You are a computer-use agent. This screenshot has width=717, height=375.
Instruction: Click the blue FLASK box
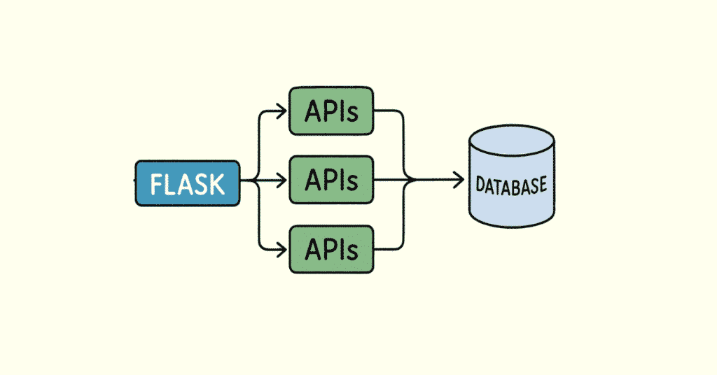point(187,183)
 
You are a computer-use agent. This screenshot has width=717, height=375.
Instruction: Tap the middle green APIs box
point(331,181)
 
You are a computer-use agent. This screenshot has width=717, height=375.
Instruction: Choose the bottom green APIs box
point(331,248)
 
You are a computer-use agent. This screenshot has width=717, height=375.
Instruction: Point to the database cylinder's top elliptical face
point(511,141)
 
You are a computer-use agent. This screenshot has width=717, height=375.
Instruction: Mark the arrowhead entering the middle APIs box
point(282,181)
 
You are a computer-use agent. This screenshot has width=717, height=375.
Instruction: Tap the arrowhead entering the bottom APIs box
point(282,248)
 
